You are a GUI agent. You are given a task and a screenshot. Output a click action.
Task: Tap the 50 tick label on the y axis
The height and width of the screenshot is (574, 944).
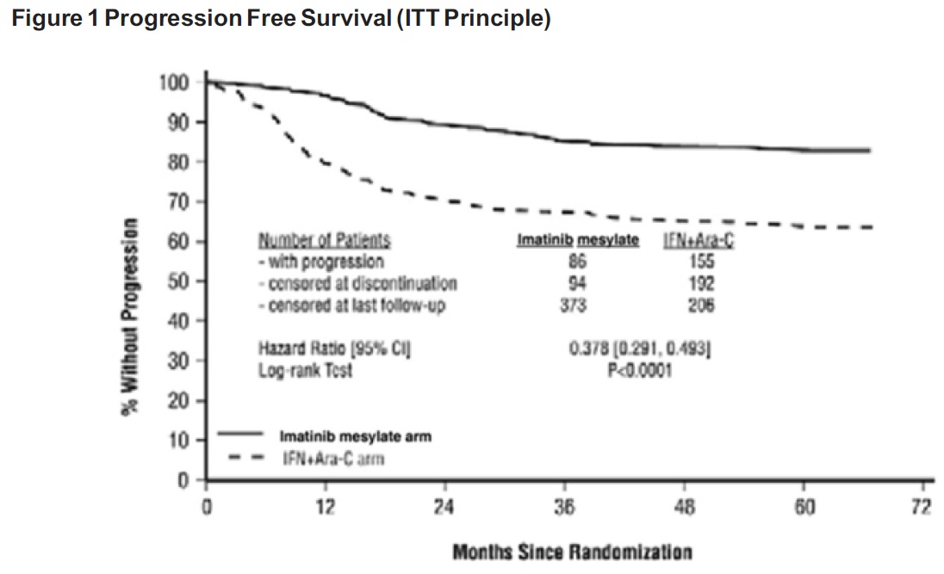coord(178,281)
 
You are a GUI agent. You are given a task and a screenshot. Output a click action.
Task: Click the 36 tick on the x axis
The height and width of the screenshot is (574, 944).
coord(563,506)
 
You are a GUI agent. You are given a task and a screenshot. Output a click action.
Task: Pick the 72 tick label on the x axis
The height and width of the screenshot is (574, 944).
coord(921,506)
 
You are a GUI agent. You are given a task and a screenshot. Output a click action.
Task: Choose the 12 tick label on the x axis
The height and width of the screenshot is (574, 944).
coord(324,506)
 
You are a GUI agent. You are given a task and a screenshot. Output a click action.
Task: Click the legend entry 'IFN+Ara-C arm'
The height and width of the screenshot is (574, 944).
coord(334,459)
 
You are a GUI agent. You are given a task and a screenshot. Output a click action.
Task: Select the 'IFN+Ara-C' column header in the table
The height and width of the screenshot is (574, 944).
coord(699,241)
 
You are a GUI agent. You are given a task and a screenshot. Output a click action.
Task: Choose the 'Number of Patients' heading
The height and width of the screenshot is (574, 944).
coord(325,241)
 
